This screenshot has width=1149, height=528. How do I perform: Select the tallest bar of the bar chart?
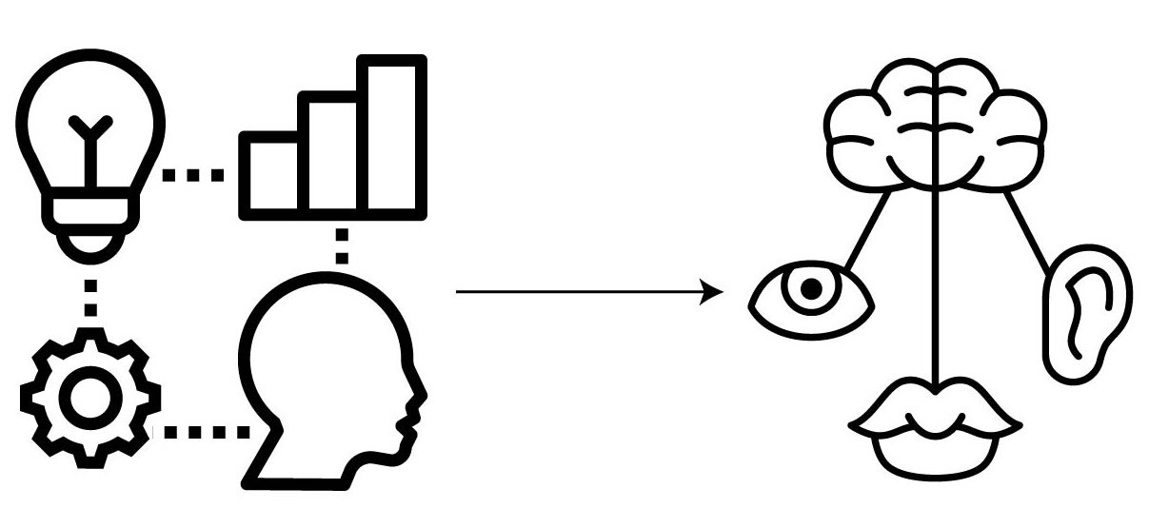point(391,133)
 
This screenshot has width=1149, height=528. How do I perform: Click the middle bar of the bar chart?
point(332,152)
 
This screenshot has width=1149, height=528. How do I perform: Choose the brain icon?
point(939,124)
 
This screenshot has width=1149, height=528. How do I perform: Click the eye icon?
point(811,298)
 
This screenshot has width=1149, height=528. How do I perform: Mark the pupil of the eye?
point(811,289)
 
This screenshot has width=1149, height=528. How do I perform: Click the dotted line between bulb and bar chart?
point(193,174)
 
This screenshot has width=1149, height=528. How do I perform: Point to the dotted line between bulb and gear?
point(91,297)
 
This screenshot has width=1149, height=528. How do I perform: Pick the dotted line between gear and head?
point(205,432)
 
